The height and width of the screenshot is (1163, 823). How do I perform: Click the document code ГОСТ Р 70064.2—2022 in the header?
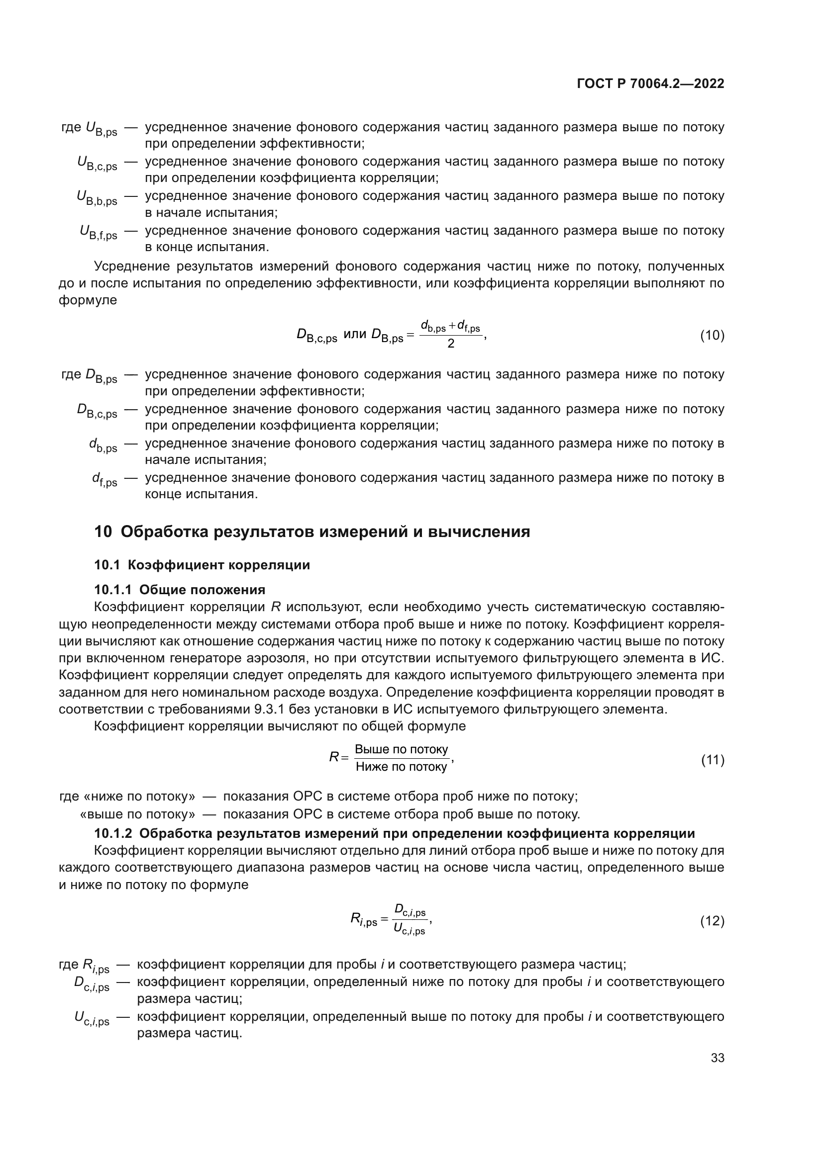click(x=650, y=84)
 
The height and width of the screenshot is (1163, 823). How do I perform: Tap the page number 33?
click(x=717, y=1058)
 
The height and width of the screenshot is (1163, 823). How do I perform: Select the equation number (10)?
click(x=712, y=335)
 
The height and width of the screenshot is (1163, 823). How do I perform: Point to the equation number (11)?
click(x=712, y=760)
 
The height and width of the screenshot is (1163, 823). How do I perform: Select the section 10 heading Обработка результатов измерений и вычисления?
click(x=312, y=532)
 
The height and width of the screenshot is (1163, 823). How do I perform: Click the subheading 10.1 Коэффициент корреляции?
click(x=202, y=565)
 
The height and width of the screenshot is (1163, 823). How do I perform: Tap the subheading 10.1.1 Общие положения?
click(x=180, y=590)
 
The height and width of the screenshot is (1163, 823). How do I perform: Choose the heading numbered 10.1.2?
click(x=394, y=834)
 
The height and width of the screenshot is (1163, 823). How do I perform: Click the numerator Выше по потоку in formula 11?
click(x=402, y=750)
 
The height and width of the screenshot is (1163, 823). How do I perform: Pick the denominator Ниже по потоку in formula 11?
click(x=402, y=767)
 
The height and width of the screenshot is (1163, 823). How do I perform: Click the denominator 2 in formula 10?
click(x=450, y=344)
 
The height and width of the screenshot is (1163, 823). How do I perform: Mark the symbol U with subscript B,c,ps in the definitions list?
click(x=98, y=164)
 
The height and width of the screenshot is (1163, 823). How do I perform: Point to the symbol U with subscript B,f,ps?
click(x=99, y=233)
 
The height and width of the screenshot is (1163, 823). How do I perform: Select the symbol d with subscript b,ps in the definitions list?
click(x=103, y=446)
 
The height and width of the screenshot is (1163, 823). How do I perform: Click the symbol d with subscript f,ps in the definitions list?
click(x=104, y=480)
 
